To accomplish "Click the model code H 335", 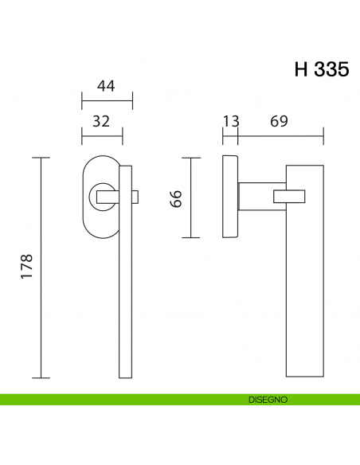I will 321,69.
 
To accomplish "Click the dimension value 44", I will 107,86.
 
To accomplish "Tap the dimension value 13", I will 230,121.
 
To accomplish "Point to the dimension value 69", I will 279,121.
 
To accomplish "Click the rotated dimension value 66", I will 177,198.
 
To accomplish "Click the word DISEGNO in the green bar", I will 267,400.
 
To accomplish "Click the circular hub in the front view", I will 104,195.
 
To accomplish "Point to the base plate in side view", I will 229,198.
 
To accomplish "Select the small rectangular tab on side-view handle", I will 289,196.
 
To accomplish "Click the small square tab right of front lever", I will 135,196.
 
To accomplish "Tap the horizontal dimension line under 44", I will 107,101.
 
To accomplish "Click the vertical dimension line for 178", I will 41,268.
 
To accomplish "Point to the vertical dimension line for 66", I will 190,198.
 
